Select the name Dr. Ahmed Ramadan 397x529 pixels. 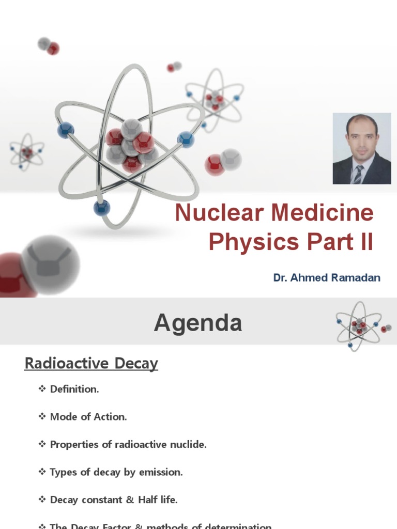[x=327, y=278]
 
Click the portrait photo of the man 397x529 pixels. [x=361, y=148]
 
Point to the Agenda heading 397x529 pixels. [x=198, y=323]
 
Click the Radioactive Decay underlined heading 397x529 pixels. [x=91, y=364]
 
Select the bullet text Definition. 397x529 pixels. [x=74, y=390]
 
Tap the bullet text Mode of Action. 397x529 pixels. [x=88, y=417]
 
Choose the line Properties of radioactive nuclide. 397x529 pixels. [x=128, y=444]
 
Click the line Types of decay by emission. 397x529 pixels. [x=116, y=472]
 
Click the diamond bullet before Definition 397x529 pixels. [x=42, y=389]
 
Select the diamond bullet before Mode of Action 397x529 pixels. [x=42, y=416]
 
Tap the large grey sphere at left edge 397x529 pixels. [x=50, y=264]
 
